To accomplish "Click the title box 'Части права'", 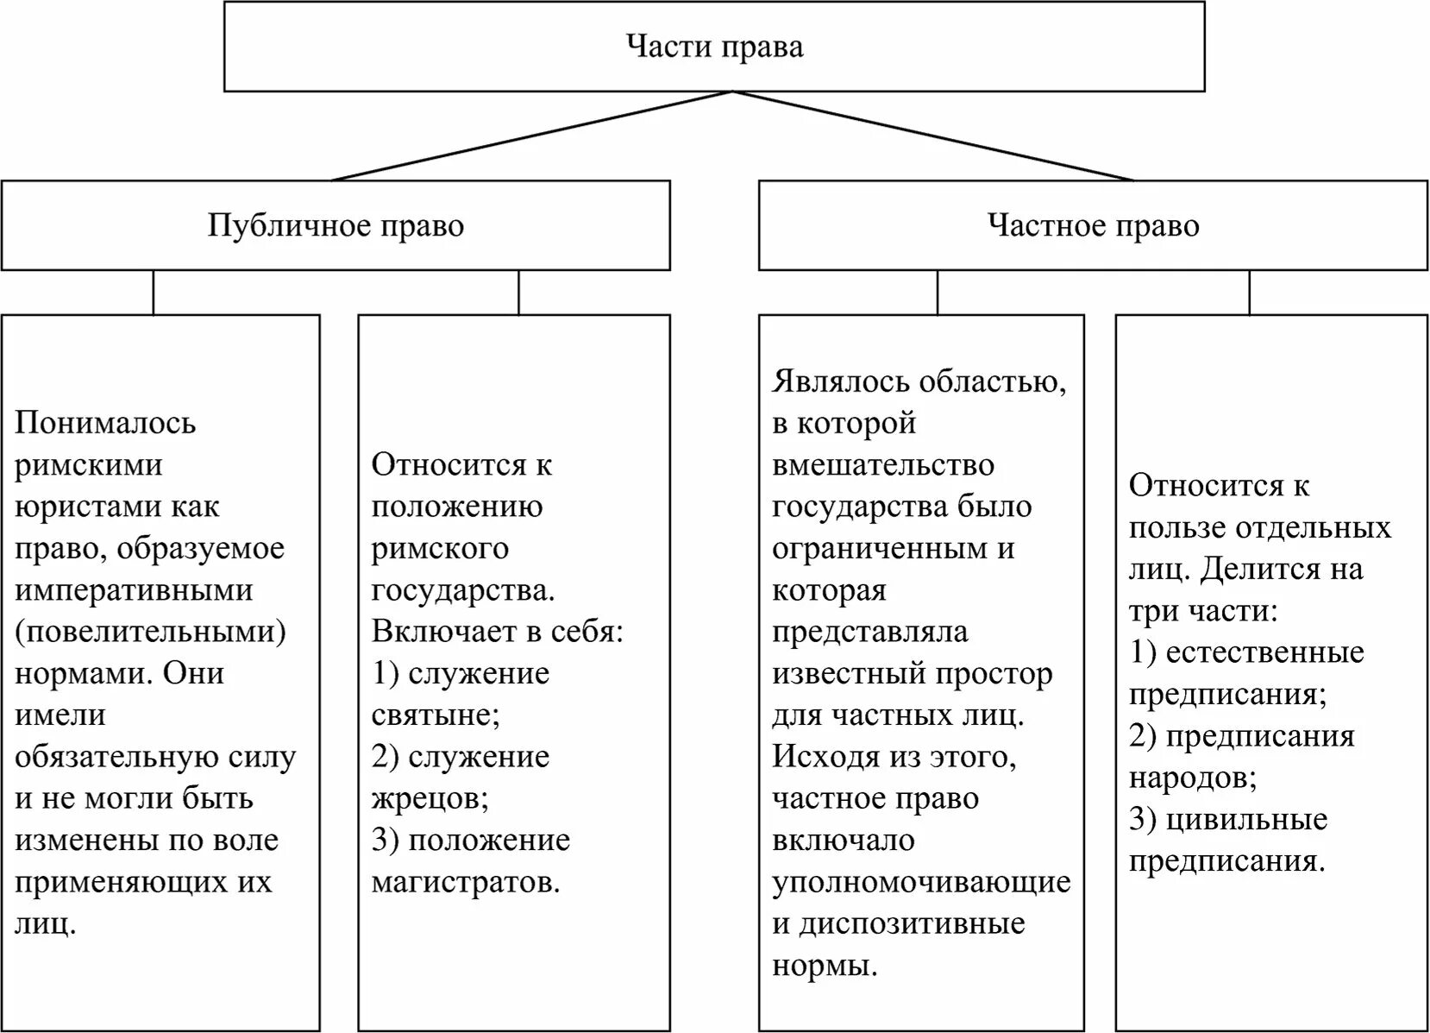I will (714, 47).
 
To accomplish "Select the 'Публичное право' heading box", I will (336, 226).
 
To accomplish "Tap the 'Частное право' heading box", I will (1093, 226).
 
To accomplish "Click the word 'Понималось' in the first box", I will (105, 423).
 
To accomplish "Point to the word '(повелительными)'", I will (150, 632).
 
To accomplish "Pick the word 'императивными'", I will (134, 590).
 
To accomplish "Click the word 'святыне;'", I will (436, 715).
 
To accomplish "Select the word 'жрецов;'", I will (430, 798).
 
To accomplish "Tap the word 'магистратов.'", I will (466, 882).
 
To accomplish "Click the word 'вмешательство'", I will (883, 465).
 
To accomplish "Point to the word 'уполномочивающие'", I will (921, 882).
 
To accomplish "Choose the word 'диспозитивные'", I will (912, 923).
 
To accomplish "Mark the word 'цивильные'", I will (1246, 819).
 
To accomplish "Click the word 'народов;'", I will (1193, 778).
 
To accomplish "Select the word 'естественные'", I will (1264, 652).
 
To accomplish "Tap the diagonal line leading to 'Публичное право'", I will (531, 135).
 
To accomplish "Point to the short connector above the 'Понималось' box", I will (154, 293).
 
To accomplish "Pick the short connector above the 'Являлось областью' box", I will (938, 293).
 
